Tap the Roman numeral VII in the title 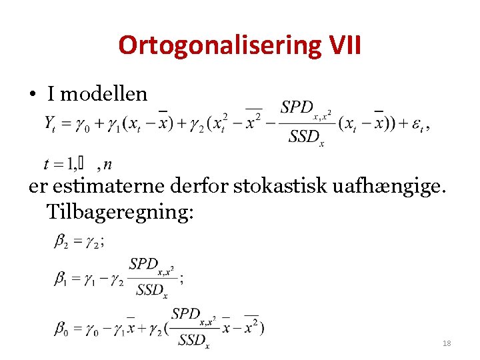click(345, 45)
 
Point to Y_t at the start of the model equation click(51, 123)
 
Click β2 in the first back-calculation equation click(61, 242)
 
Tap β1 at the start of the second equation click(61, 277)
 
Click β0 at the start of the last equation click(61, 327)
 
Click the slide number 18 click(446, 343)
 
